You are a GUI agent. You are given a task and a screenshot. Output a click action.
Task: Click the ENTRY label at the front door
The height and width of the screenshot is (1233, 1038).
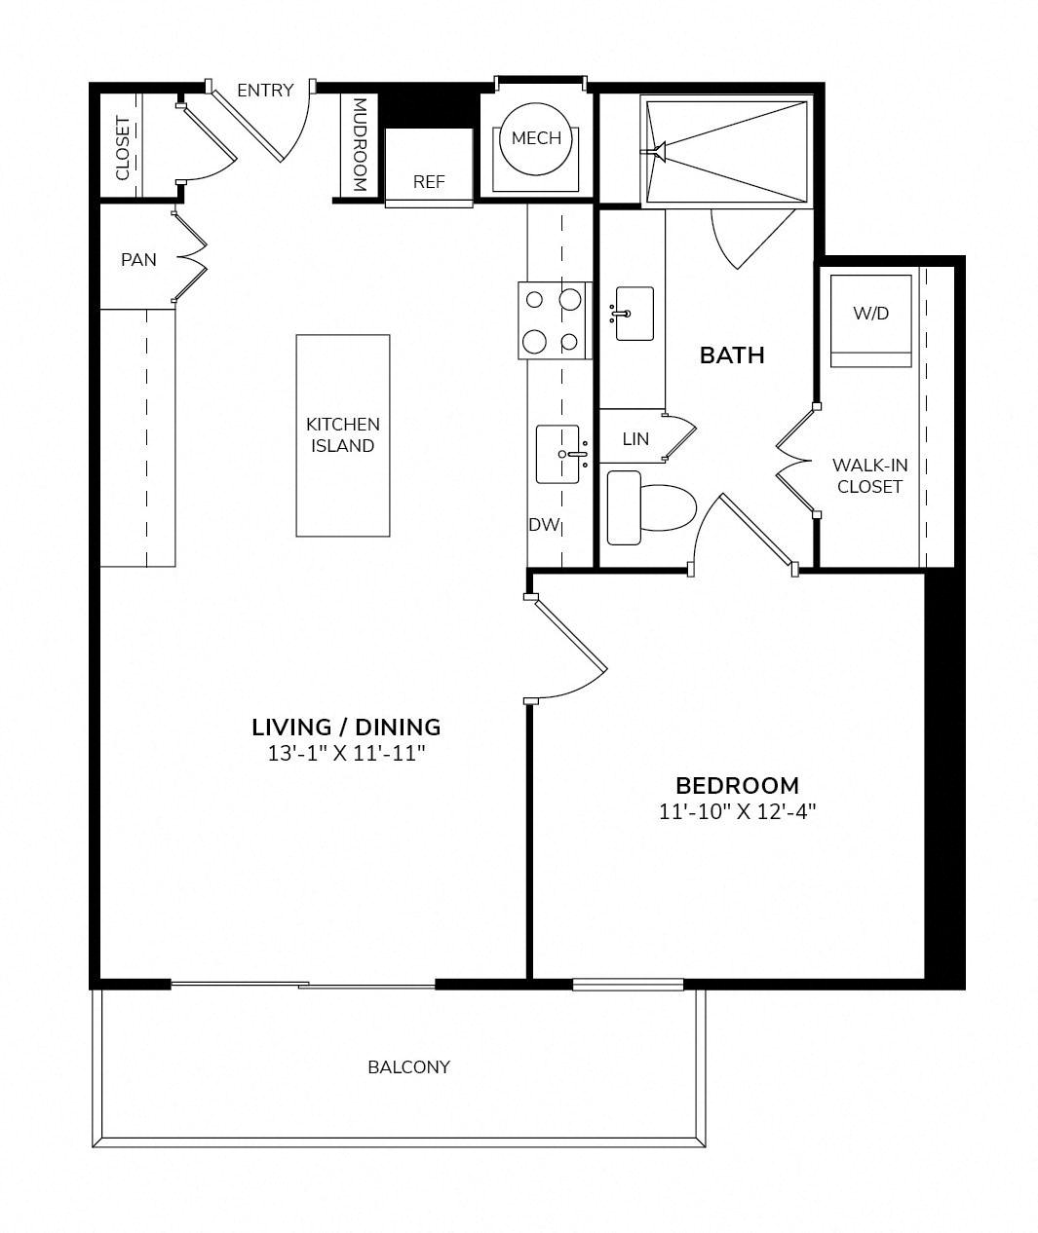tap(265, 91)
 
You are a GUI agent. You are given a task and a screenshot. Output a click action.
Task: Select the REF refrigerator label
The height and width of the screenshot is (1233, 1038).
tap(429, 182)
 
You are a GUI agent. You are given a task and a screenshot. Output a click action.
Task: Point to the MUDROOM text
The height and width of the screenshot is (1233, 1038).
tap(360, 145)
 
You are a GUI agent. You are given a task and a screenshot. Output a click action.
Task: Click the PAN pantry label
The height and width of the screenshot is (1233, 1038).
tap(138, 260)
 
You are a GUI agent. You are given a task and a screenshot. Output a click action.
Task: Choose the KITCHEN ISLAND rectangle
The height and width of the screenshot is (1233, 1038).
tap(343, 435)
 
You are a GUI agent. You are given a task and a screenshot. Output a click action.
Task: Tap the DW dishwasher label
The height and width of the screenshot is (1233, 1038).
tap(543, 524)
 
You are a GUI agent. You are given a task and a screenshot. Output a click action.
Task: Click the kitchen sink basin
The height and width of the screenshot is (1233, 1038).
tap(557, 454)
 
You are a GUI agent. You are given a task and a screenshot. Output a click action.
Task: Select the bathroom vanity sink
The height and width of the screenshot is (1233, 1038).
tap(634, 314)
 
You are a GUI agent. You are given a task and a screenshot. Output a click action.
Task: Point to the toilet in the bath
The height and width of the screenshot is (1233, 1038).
tap(651, 507)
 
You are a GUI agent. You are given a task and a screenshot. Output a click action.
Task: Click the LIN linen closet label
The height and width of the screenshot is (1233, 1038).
tap(635, 438)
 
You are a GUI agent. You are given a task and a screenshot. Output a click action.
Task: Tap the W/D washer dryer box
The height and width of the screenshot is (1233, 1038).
tap(870, 320)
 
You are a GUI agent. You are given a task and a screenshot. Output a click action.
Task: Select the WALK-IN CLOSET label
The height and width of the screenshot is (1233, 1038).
tap(869, 476)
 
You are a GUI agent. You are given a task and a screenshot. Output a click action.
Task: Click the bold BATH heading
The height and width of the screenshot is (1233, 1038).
tap(732, 355)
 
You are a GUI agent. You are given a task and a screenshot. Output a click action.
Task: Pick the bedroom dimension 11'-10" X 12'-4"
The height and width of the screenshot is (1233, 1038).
tap(737, 811)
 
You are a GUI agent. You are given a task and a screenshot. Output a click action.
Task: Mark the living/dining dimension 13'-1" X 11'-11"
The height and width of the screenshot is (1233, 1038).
tap(346, 753)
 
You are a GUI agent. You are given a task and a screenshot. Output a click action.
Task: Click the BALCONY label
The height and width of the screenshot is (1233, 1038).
tap(408, 1067)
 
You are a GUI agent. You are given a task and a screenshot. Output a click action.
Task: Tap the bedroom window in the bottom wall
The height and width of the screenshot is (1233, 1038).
tap(628, 984)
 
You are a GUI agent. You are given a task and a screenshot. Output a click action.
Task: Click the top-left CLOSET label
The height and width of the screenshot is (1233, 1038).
tap(123, 148)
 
